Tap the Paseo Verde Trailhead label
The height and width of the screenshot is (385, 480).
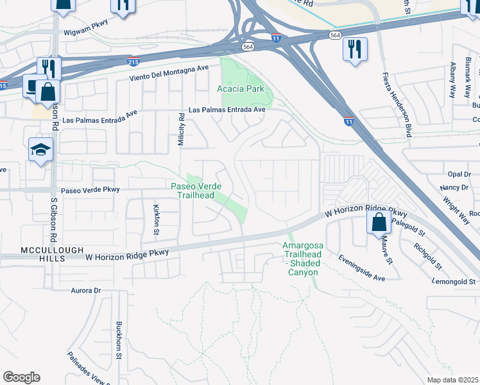pos(196,191)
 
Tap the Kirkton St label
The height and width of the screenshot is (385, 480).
pos(157,218)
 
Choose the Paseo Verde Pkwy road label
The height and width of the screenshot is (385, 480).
pos(90,190)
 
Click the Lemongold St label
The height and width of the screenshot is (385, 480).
pos(454,281)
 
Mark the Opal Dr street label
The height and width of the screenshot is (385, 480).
pos(459,174)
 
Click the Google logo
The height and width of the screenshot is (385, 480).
pos(21,377)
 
